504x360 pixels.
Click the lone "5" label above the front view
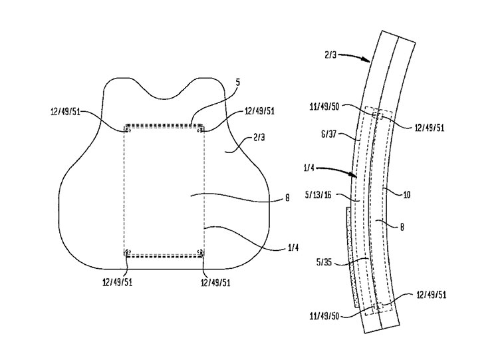(238, 83)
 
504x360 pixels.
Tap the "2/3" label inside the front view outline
(259, 138)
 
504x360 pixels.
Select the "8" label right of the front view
(287, 198)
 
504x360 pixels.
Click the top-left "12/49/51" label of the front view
(65, 112)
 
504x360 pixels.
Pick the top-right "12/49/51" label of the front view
(260, 111)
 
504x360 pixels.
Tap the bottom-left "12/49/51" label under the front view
(117, 282)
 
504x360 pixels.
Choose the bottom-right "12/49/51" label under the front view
(215, 282)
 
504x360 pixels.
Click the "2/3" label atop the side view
(330, 55)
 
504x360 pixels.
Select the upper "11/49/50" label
(324, 107)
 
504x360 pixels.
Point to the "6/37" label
(328, 134)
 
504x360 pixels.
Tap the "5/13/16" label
(319, 195)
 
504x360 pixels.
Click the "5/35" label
(324, 263)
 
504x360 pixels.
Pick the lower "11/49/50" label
(324, 317)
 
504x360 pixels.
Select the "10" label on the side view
(407, 194)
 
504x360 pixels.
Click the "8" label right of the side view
(402, 228)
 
